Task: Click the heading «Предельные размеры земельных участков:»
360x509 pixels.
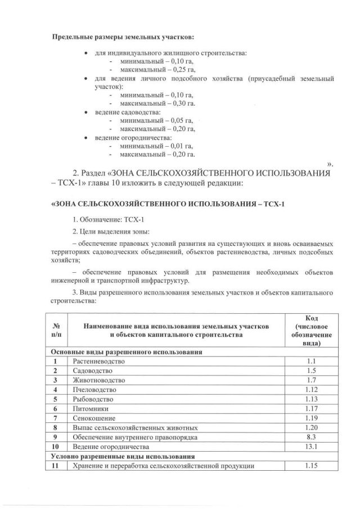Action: [x=123, y=37]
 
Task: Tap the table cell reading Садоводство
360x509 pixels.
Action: [x=93, y=371]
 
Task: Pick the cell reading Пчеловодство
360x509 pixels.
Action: [x=94, y=390]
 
